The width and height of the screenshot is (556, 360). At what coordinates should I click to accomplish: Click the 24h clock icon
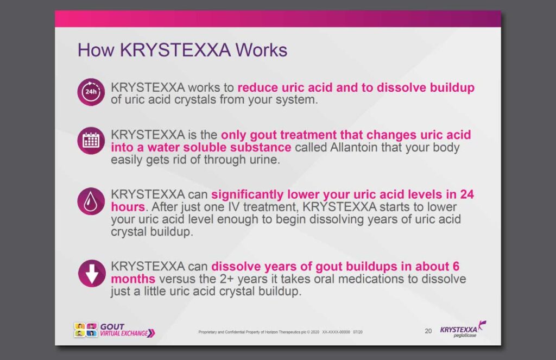91,92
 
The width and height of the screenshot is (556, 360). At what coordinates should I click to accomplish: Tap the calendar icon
91,141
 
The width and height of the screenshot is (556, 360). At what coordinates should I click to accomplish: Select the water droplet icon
91,201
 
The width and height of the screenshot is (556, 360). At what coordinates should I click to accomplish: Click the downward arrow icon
92,274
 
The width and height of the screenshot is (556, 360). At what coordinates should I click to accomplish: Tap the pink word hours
128,207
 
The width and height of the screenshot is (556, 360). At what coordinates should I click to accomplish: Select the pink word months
133,279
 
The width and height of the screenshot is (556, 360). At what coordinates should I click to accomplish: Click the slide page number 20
428,331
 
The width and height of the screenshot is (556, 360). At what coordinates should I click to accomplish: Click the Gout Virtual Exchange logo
114,330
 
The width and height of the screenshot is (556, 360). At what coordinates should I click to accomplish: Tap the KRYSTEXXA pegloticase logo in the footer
463,330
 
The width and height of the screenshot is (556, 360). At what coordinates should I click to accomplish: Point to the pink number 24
467,194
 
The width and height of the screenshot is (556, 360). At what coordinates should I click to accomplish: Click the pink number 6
456,267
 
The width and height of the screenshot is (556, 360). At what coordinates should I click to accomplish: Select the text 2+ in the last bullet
226,279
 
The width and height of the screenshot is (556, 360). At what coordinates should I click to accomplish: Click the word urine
265,160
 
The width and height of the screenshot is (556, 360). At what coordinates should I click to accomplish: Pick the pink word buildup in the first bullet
452,87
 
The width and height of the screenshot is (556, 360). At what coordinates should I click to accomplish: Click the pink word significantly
248,194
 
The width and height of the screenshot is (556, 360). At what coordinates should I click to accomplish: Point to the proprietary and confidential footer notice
281,332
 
